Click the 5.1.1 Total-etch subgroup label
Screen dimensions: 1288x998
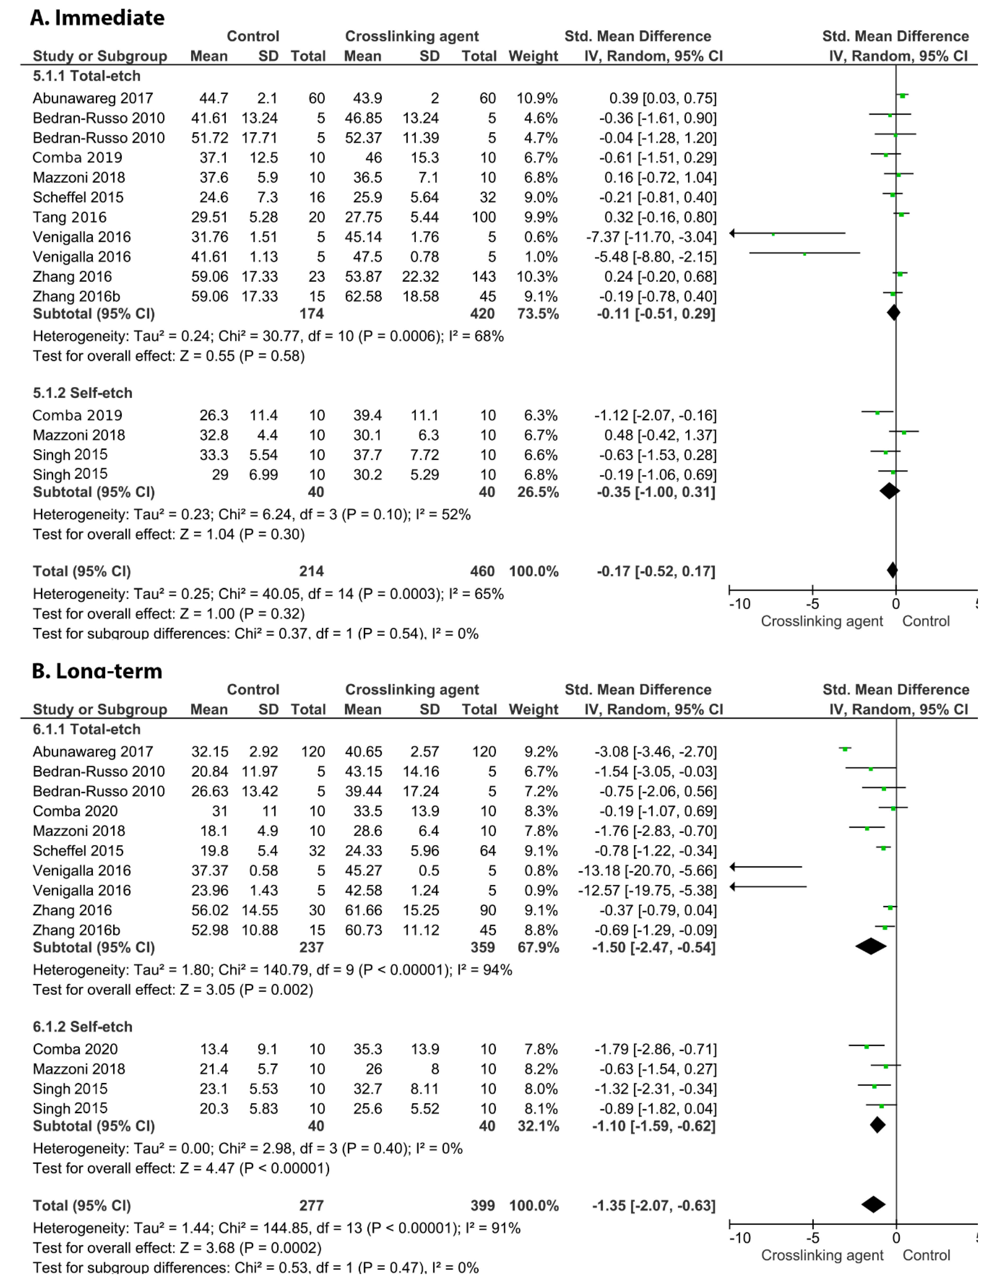click(x=87, y=76)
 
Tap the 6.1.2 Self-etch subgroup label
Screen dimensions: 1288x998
click(x=83, y=1027)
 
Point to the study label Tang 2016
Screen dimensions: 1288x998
click(x=70, y=217)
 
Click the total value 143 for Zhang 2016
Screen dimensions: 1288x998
click(x=484, y=276)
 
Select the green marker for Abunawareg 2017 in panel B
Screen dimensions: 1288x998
click(x=845, y=749)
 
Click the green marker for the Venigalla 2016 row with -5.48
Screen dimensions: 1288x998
click(x=805, y=254)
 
